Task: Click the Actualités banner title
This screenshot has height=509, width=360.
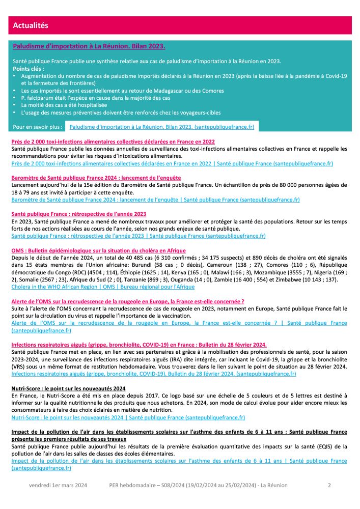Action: [30, 25]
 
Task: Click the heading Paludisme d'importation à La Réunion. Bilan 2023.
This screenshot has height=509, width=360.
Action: [89, 46]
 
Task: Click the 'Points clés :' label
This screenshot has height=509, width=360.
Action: [29, 68]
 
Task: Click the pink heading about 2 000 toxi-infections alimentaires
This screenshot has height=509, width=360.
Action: [113, 142]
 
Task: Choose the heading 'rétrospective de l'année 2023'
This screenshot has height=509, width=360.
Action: [79, 214]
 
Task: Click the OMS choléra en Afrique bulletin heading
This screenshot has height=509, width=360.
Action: [98, 251]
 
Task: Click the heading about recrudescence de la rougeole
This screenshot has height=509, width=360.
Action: [127, 301]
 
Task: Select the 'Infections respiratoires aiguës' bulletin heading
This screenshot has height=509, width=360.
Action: [139, 345]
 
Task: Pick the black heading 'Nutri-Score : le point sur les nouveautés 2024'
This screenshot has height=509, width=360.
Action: [68, 388]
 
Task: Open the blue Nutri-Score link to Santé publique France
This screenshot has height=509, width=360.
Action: [128, 417]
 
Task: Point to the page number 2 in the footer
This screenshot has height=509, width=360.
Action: [329, 486]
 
